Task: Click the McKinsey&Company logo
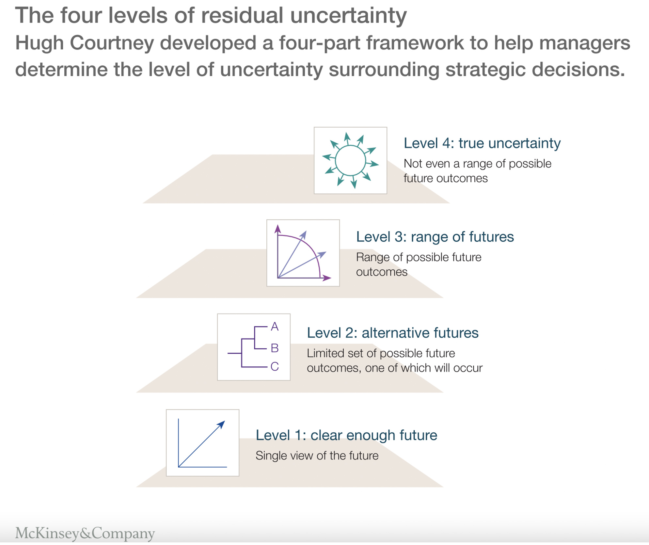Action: (x=85, y=533)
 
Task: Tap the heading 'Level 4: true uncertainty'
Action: (x=482, y=143)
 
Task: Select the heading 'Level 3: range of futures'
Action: (x=435, y=237)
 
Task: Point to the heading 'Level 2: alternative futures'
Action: (x=392, y=333)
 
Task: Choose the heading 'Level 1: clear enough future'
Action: (x=346, y=435)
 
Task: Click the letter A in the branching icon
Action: (x=275, y=327)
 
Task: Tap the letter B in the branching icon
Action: (x=275, y=348)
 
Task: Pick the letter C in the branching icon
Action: (x=275, y=366)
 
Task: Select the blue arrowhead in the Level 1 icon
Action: (x=222, y=424)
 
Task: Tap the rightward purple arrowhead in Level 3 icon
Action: (x=327, y=278)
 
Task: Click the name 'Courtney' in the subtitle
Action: (x=112, y=43)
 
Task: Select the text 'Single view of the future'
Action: (x=317, y=456)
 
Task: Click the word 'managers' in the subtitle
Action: (x=584, y=43)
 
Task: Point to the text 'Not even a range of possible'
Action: (x=477, y=164)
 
